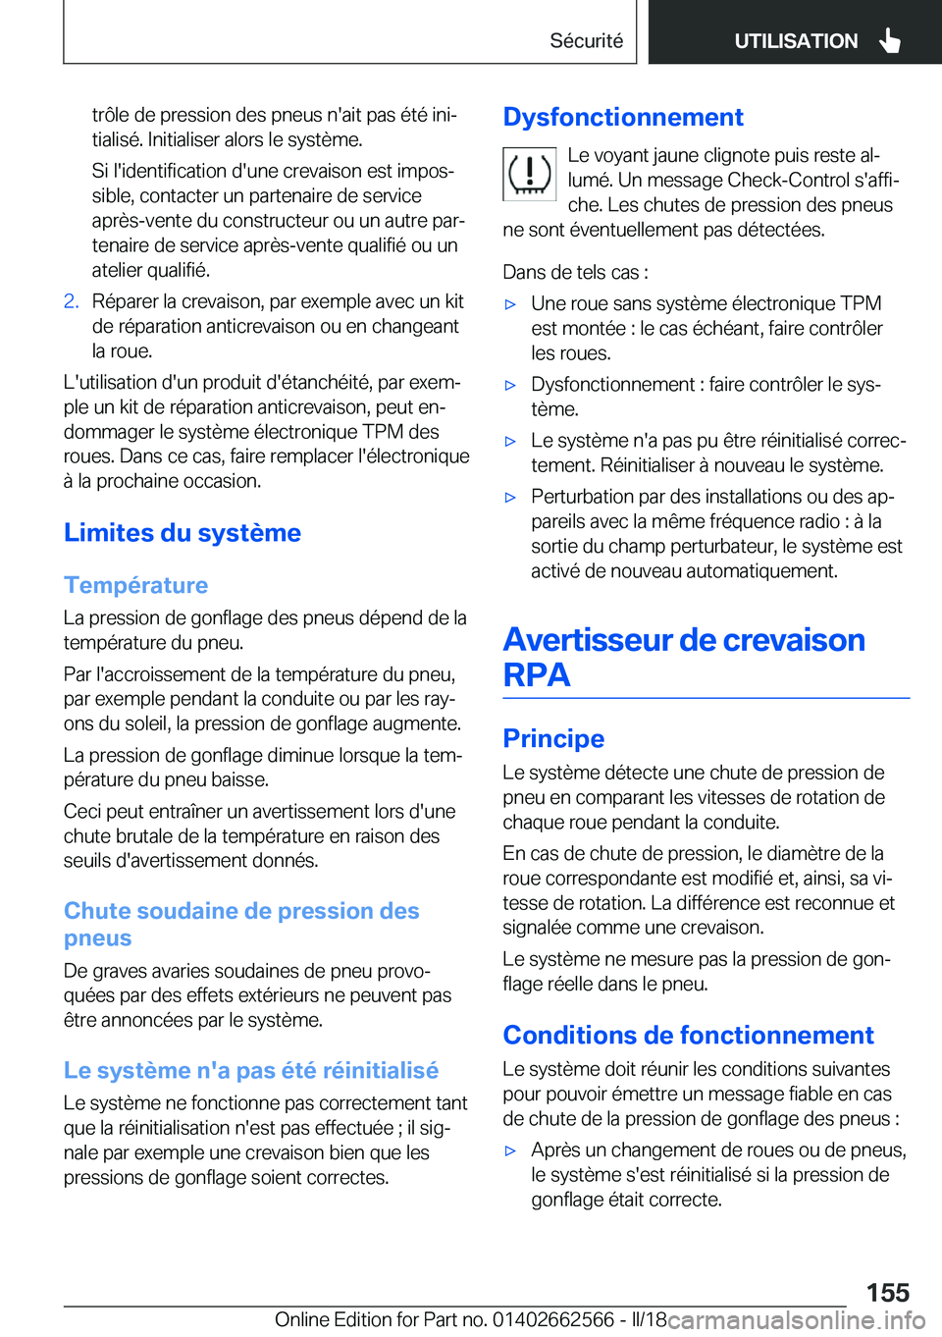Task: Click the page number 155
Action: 887,1292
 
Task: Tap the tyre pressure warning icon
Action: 529,174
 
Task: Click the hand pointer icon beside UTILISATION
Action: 890,40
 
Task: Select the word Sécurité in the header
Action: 586,40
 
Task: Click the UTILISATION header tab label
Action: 795,40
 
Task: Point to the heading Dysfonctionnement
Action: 623,117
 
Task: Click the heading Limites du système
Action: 183,532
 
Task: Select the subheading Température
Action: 136,585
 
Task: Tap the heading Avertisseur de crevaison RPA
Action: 684,657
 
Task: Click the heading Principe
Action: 553,738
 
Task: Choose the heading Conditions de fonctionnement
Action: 688,1035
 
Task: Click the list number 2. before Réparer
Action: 71,301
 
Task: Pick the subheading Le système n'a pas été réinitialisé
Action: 251,1070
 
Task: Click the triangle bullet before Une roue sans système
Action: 510,304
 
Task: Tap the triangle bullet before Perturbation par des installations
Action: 510,498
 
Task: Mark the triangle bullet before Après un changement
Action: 510,1150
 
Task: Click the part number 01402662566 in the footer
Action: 553,1319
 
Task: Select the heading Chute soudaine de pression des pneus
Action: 241,924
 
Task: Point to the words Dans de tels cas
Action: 575,272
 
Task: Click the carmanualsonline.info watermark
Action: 796,1320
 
